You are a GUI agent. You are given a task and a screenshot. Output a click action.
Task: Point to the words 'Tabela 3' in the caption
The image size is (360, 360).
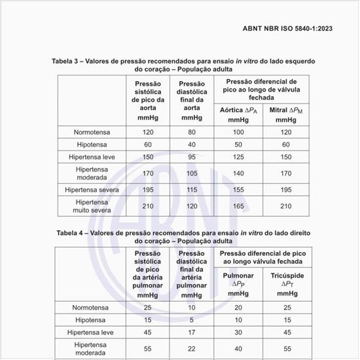click(68, 61)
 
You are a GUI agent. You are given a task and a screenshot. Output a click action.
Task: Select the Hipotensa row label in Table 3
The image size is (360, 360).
click(92, 144)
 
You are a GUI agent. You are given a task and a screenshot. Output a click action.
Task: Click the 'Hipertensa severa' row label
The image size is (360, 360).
click(92, 190)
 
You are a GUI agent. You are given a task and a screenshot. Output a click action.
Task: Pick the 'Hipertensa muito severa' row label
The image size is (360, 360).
click(92, 207)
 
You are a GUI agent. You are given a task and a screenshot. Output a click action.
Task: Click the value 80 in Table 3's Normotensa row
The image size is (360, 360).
click(191, 132)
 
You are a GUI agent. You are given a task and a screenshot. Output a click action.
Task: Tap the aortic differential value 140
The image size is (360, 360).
click(238, 173)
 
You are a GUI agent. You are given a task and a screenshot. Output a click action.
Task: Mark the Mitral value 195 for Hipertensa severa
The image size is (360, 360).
click(285, 190)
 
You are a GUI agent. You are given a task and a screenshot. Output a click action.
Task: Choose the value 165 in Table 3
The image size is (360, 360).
click(238, 207)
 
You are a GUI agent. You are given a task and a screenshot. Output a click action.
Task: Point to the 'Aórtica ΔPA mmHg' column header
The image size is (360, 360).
click(238, 115)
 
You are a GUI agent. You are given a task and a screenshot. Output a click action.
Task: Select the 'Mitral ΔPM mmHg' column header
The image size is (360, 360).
click(285, 115)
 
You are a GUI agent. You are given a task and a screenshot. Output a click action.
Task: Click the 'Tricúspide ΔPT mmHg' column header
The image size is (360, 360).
click(285, 285)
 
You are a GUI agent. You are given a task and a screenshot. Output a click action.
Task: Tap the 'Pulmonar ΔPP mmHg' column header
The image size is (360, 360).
click(238, 285)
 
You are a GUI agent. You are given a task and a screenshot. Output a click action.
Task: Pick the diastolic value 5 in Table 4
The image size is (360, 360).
click(191, 320)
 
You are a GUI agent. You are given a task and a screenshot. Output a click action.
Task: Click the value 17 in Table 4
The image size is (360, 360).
click(191, 332)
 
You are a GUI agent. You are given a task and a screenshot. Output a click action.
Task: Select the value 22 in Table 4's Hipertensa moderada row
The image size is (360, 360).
click(191, 348)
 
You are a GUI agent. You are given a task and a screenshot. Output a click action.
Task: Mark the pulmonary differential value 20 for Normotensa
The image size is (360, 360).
click(238, 308)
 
